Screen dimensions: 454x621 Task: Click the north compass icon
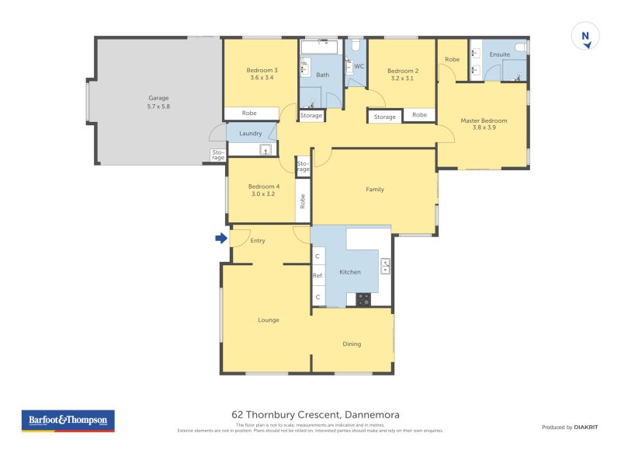(x=585, y=37)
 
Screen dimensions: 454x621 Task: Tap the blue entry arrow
(x=220, y=238)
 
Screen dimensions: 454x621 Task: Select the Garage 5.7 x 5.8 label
(x=158, y=102)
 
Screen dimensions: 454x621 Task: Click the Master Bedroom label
(x=484, y=124)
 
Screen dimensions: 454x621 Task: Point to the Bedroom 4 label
(x=264, y=190)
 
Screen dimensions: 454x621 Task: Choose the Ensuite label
(x=499, y=54)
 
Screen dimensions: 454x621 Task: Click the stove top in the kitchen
(x=363, y=299)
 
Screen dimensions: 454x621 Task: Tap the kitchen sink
(x=385, y=267)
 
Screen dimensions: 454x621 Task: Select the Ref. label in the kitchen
(x=317, y=275)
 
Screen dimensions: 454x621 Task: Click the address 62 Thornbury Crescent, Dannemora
(x=310, y=415)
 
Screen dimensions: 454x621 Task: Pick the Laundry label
(x=251, y=134)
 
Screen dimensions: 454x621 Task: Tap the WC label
(x=359, y=66)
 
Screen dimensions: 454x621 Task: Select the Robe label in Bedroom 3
(x=249, y=113)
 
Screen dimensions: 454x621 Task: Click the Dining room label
(x=352, y=344)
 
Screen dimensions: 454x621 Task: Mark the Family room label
(x=375, y=189)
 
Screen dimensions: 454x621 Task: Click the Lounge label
(x=269, y=320)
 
